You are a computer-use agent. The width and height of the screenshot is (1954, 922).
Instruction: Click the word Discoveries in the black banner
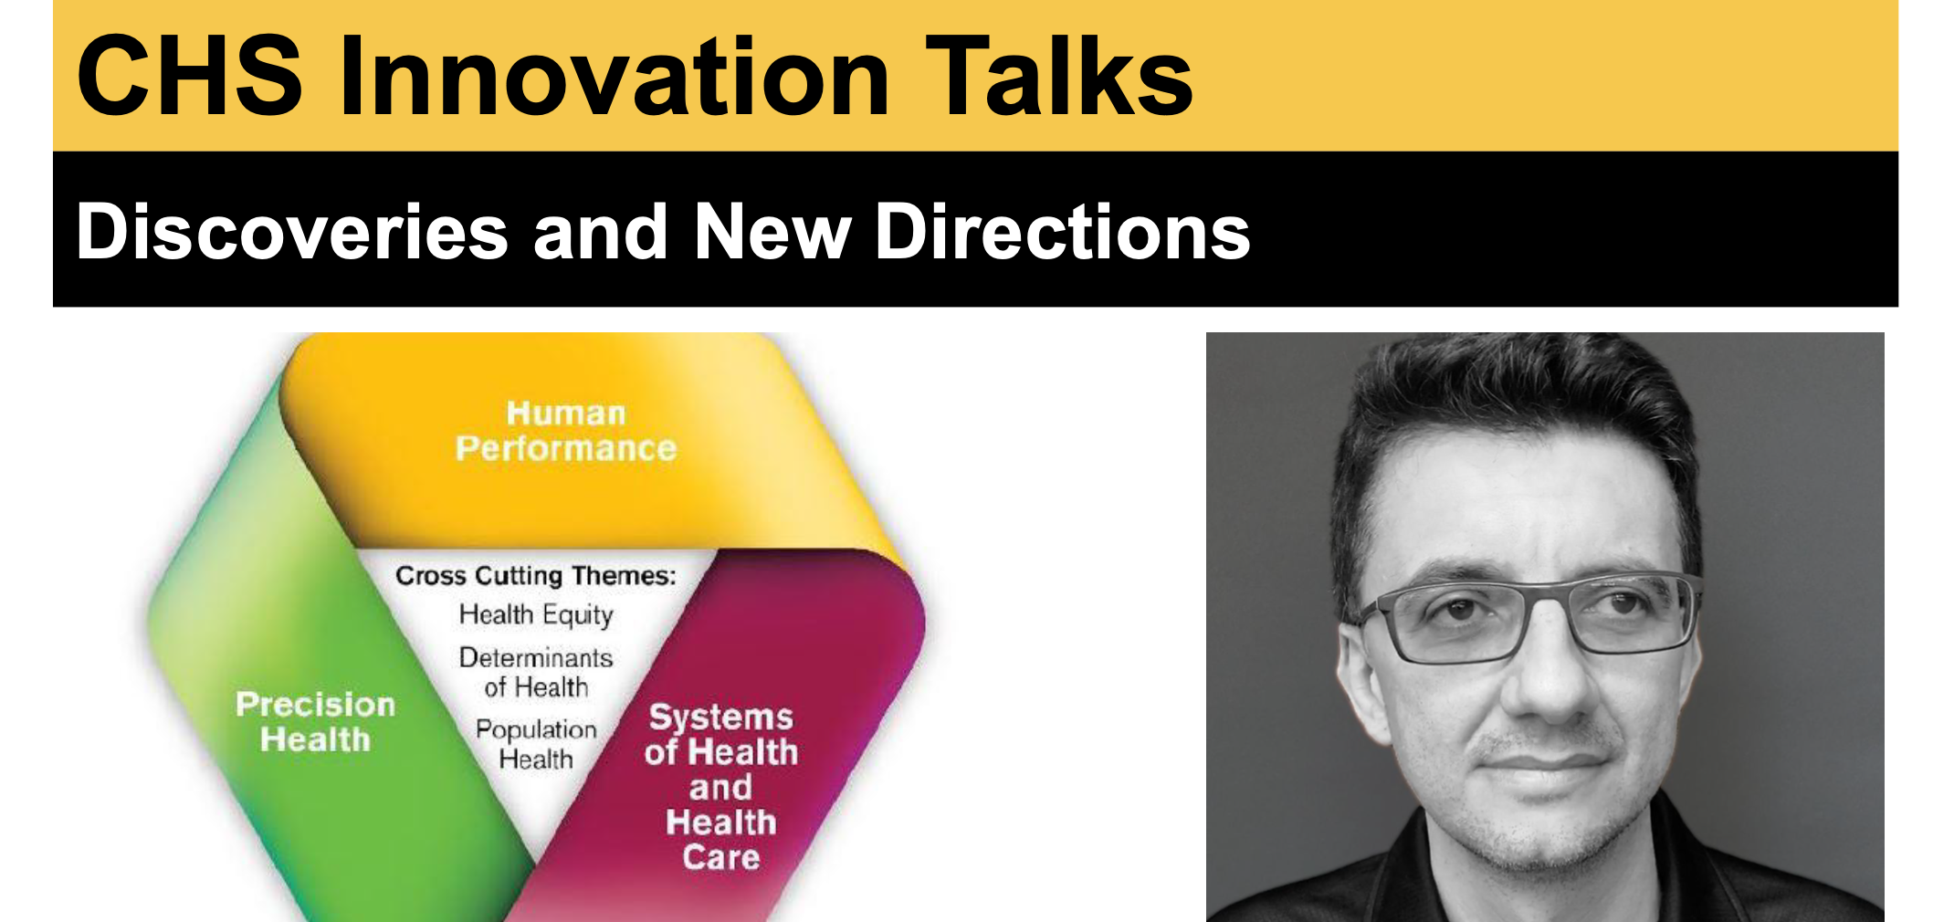pos(292,232)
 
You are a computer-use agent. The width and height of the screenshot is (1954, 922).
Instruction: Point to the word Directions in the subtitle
pos(1063,232)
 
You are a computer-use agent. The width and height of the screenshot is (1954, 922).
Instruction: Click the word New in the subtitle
pos(772,232)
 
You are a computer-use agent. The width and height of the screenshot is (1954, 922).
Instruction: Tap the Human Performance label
pos(566,431)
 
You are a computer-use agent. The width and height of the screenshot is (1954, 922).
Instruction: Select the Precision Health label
pos(316,721)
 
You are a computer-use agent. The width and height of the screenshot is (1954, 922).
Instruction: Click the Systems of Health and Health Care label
pos(721,787)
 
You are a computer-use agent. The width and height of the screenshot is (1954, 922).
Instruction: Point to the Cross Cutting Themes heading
pos(536,576)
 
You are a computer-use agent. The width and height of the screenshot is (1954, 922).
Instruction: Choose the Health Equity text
pos(536,615)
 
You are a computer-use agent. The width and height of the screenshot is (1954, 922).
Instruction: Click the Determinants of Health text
pos(536,672)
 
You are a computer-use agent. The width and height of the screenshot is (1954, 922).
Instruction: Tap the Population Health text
pos(536,744)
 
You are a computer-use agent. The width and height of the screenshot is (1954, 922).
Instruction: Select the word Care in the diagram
pos(721,857)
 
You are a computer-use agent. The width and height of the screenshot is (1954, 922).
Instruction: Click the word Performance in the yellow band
pos(566,448)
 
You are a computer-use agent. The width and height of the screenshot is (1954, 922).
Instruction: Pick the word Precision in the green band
pos(316,705)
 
